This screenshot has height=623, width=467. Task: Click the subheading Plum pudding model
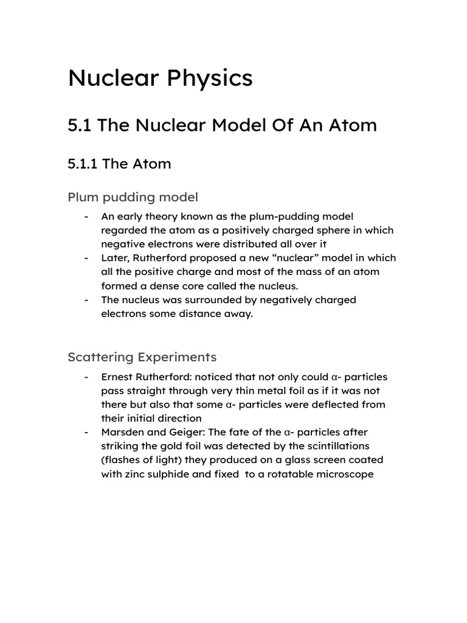(133, 197)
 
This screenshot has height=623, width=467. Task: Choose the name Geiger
(185, 433)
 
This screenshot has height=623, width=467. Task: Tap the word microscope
(344, 474)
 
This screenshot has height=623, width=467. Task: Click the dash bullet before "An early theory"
(88, 216)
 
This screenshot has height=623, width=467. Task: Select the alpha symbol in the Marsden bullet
(287, 433)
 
